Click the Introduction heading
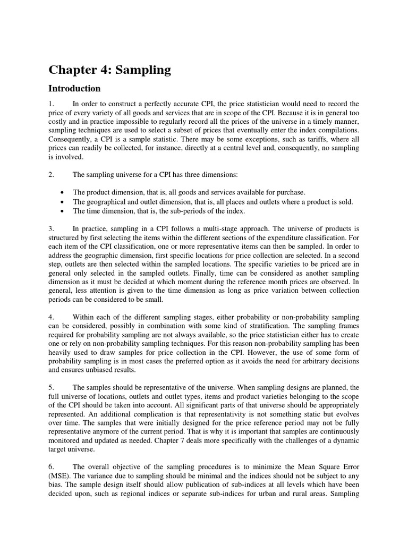(x=74, y=88)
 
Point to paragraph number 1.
(x=52, y=104)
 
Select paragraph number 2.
(x=52, y=175)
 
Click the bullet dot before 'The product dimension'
(x=63, y=192)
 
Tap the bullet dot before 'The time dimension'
(x=63, y=211)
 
